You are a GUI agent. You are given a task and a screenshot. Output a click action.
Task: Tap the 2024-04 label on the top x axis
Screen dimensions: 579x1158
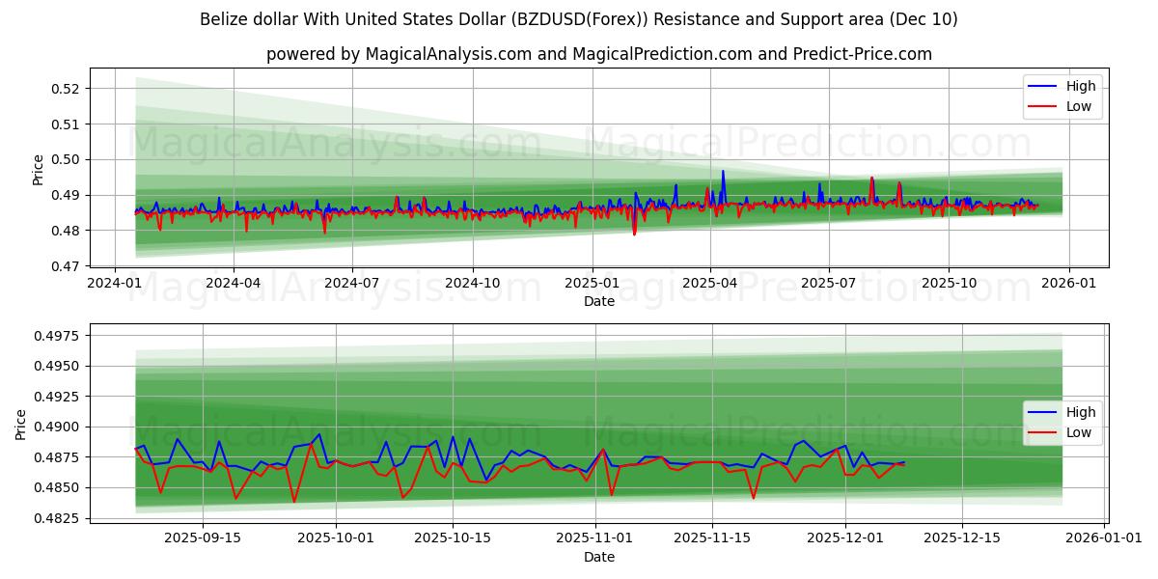point(234,284)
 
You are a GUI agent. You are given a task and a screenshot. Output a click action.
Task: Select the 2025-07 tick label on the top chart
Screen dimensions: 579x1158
point(829,284)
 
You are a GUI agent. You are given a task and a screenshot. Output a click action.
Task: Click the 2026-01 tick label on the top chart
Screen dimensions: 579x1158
point(1067,284)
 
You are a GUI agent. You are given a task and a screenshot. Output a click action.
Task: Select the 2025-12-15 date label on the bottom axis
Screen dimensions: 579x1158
point(961,537)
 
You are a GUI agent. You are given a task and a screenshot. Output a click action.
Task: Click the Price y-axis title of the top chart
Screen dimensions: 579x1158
point(39,170)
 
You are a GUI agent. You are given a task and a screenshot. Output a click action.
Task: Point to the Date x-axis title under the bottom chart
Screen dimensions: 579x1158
point(599,557)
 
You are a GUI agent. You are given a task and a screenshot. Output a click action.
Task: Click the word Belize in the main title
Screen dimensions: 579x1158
point(224,19)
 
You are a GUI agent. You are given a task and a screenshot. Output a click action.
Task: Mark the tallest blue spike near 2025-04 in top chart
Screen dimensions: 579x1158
point(723,172)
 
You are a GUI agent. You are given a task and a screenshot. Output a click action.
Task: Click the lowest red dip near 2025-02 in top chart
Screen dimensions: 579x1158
point(634,234)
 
